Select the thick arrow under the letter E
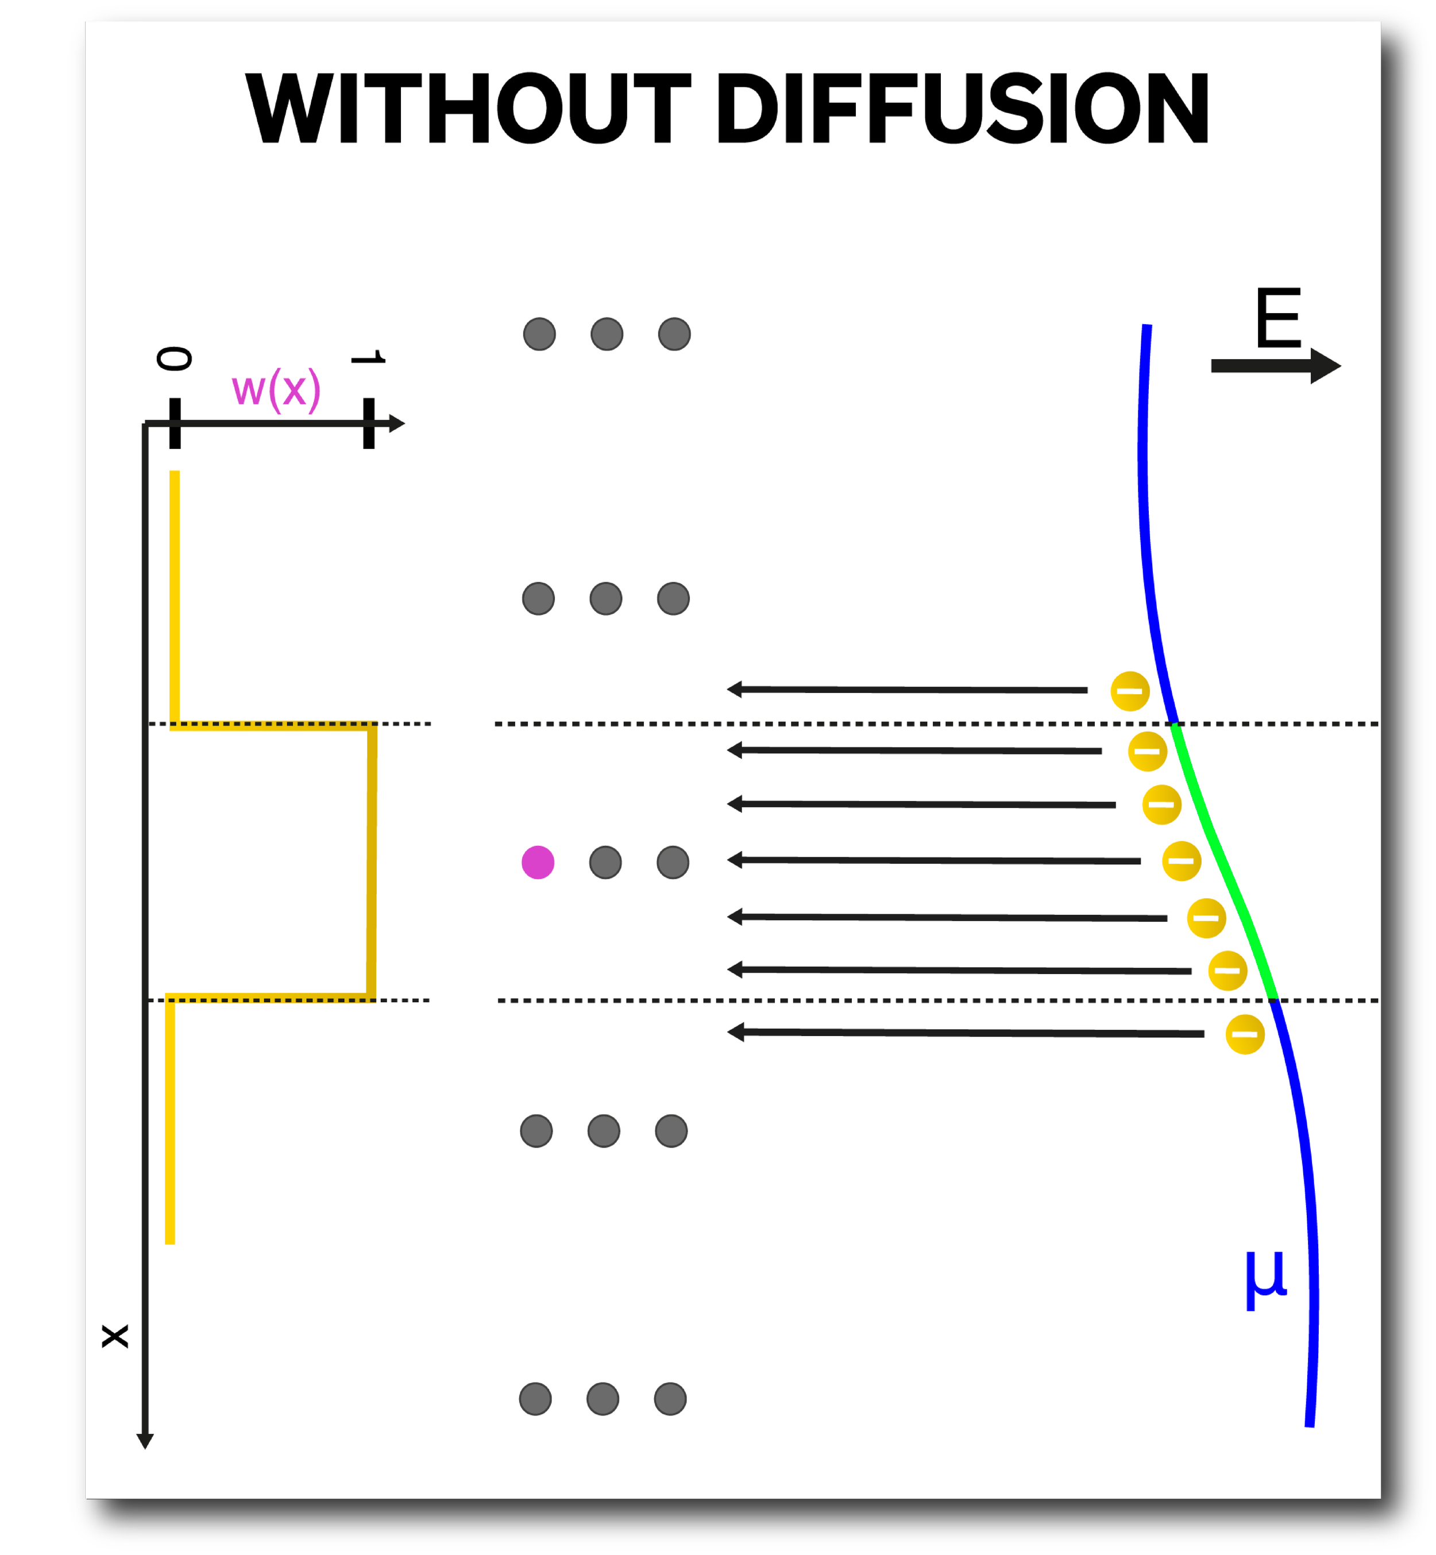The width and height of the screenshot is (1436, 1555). [1275, 365]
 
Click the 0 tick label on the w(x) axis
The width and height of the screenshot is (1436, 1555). [174, 359]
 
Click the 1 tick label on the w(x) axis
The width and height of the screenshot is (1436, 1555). [368, 357]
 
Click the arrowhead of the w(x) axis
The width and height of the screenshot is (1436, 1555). [396, 423]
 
